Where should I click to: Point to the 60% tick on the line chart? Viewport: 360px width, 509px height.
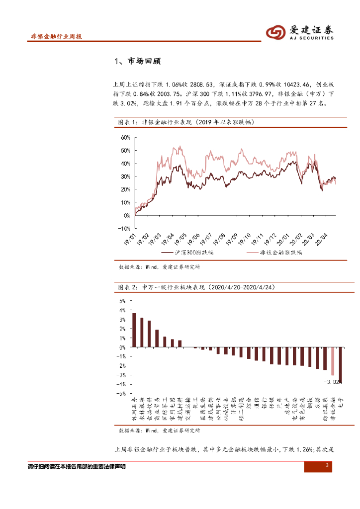[x=124, y=137]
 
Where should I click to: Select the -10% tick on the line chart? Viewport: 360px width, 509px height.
[x=123, y=229]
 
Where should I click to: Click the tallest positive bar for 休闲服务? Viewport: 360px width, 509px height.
[x=134, y=330]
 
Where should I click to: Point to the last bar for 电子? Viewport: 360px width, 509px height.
[x=340, y=365]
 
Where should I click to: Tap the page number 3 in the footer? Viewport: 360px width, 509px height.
[x=327, y=466]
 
